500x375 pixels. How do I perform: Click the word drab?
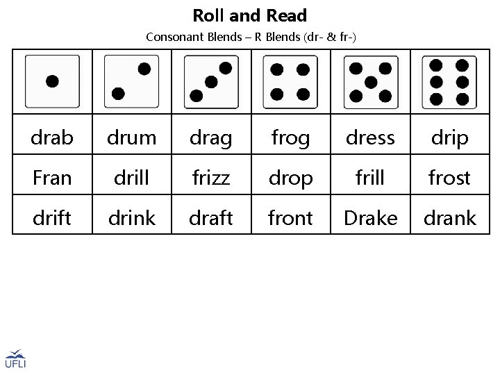tap(52, 138)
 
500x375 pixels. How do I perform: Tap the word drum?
tap(131, 138)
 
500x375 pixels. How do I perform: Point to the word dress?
tap(370, 138)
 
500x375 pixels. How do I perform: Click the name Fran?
tap(52, 178)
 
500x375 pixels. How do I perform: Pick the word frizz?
tap(210, 178)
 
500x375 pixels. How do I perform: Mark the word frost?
tap(450, 178)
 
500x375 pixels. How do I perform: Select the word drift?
tap(52, 218)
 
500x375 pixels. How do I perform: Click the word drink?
tap(131, 218)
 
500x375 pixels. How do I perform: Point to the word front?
tap(290, 218)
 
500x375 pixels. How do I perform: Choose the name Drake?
tap(370, 218)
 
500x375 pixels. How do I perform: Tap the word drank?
tap(450, 218)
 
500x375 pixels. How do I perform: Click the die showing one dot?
tap(52, 81)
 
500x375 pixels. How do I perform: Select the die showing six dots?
tap(449, 81)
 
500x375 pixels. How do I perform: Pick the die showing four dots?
tap(290, 81)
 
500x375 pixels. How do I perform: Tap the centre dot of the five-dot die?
tap(371, 81)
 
